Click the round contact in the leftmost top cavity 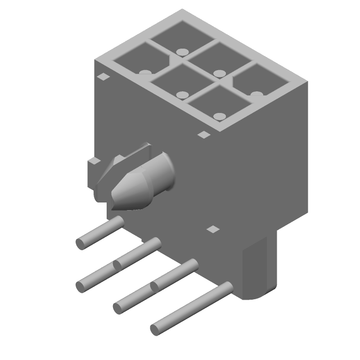pos(144,72)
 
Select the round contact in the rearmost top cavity pos(181,52)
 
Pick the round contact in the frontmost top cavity pos(219,117)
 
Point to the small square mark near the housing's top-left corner pos(103,76)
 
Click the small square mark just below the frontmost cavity pos(204,134)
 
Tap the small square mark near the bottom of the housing pos(212,229)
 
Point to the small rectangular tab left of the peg pos(93,161)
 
